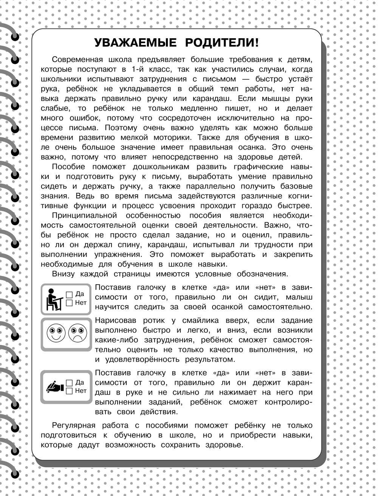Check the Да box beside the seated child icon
pyautogui.click(x=69, y=294)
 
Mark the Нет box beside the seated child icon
pyautogui.click(x=69, y=302)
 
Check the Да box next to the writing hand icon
pyautogui.click(x=69, y=382)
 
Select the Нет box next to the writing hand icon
pyautogui.click(x=69, y=391)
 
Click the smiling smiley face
pyautogui.click(x=54, y=333)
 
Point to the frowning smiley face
pyautogui.click(x=77, y=333)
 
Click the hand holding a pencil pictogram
pyautogui.click(x=54, y=386)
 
